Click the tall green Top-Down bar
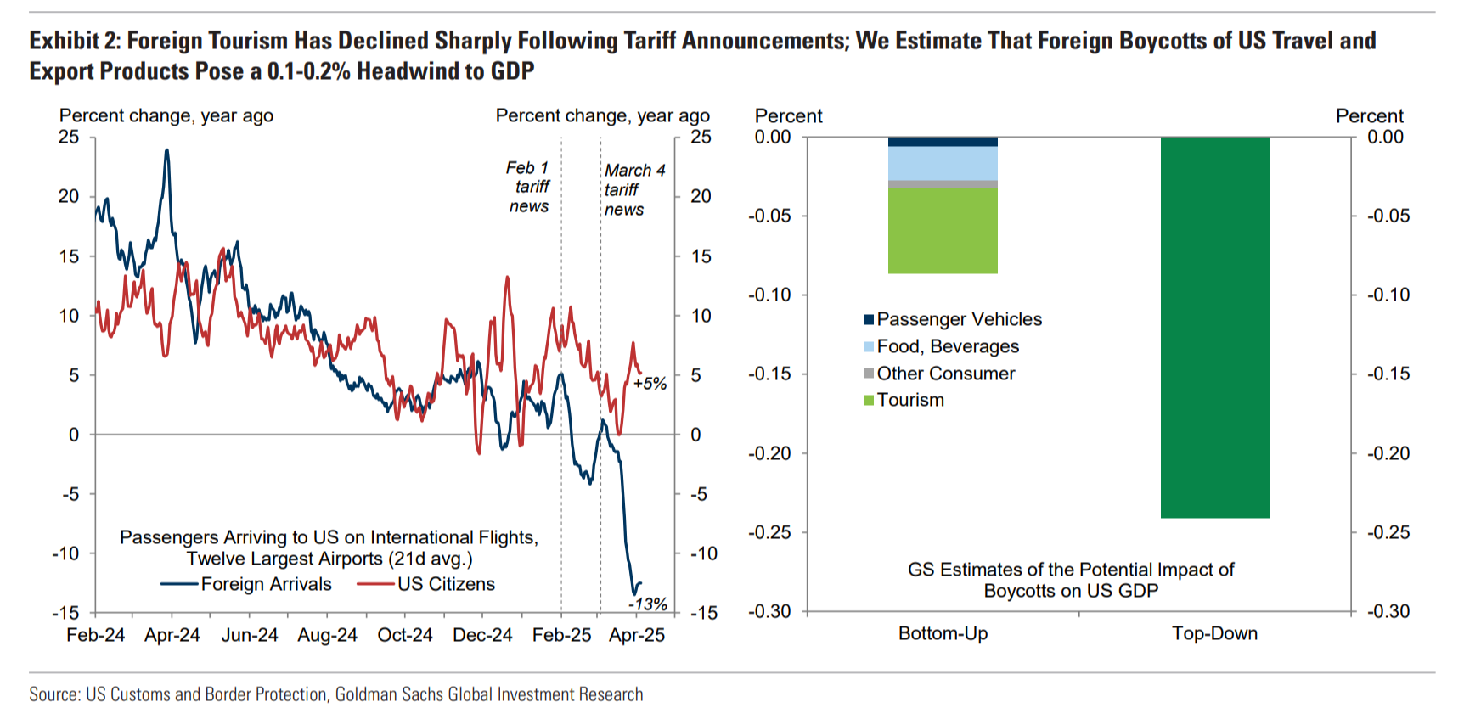(1215, 327)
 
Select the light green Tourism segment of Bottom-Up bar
(943, 230)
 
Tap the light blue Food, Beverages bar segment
(943, 163)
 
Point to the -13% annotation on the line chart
(648, 604)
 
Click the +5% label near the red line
(650, 384)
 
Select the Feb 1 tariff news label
(529, 187)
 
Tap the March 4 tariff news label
(633, 189)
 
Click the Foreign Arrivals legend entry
(265, 584)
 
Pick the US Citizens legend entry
(446, 584)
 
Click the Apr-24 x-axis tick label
(172, 635)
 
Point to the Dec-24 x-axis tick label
(482, 635)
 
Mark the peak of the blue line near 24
(166, 151)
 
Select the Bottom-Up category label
(943, 633)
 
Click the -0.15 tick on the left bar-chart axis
(769, 374)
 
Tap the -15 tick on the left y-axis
(66, 613)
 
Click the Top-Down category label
(1214, 633)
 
